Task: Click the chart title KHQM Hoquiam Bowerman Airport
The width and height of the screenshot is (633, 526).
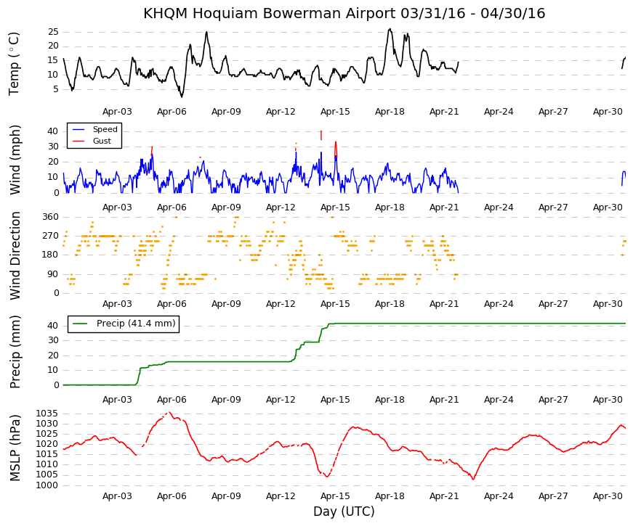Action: (x=270, y=13)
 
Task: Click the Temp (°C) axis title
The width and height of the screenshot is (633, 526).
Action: (x=14, y=64)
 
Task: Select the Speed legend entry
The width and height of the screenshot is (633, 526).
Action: (x=94, y=129)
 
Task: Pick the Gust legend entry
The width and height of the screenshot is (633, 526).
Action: (x=92, y=141)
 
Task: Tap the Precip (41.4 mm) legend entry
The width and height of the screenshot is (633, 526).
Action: (x=124, y=324)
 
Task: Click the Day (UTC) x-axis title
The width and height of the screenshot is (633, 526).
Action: (x=344, y=511)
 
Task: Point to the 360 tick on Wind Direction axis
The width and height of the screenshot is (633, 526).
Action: (x=50, y=217)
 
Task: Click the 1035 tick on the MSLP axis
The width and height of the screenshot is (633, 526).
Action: (x=47, y=414)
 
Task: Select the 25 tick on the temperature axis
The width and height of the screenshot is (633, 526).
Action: (x=53, y=32)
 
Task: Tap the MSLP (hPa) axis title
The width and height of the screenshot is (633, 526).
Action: (x=15, y=448)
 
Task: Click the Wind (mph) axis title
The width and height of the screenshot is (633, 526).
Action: (x=15, y=160)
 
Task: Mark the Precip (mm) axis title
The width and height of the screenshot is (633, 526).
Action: (x=15, y=352)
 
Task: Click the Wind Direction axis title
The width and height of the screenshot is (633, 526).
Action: (x=15, y=255)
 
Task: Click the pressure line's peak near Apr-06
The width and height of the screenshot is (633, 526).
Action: (x=169, y=412)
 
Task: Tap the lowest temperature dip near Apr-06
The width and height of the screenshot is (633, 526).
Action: (x=182, y=96)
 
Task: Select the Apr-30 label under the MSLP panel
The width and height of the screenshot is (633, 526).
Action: (x=608, y=496)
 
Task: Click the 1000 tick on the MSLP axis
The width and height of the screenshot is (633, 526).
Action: (x=47, y=485)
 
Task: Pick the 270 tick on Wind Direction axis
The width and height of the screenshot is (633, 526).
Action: (x=50, y=236)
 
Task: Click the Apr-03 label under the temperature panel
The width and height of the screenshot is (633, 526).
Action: (x=117, y=112)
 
